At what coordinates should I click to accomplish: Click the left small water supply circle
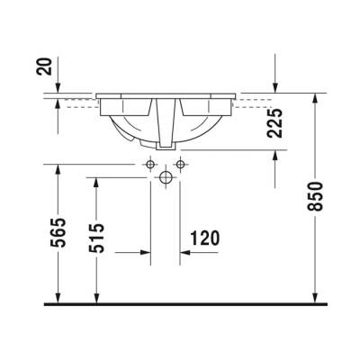click(150, 164)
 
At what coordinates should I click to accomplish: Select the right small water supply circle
click(180, 164)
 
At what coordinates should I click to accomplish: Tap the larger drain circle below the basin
click(165, 178)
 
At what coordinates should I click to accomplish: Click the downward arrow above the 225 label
click(275, 85)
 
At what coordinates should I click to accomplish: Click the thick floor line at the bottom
click(180, 304)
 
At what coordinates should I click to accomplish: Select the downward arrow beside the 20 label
click(58, 85)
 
